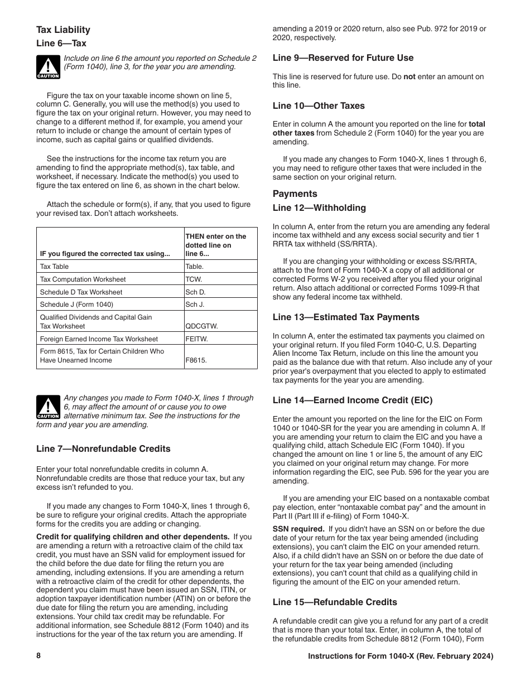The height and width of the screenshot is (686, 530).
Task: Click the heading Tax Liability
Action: click(x=63, y=30)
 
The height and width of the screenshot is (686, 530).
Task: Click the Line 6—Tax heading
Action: click(x=61, y=44)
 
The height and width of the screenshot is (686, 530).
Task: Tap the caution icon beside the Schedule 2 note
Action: click(x=48, y=66)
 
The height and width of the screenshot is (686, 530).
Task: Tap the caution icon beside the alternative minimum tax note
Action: click(x=48, y=407)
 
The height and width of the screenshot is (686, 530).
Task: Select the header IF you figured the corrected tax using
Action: click(x=105, y=254)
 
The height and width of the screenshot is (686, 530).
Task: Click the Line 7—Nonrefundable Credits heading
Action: click(x=103, y=449)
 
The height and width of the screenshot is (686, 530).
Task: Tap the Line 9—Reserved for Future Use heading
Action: click(x=343, y=58)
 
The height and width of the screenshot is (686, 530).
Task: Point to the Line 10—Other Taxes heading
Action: click(x=319, y=106)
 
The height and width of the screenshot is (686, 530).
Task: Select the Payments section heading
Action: click(x=295, y=194)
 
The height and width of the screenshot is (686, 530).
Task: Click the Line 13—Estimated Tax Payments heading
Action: click(x=346, y=317)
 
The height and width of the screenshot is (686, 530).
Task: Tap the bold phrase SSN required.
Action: click(x=298, y=529)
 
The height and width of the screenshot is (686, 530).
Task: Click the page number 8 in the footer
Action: click(x=38, y=656)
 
